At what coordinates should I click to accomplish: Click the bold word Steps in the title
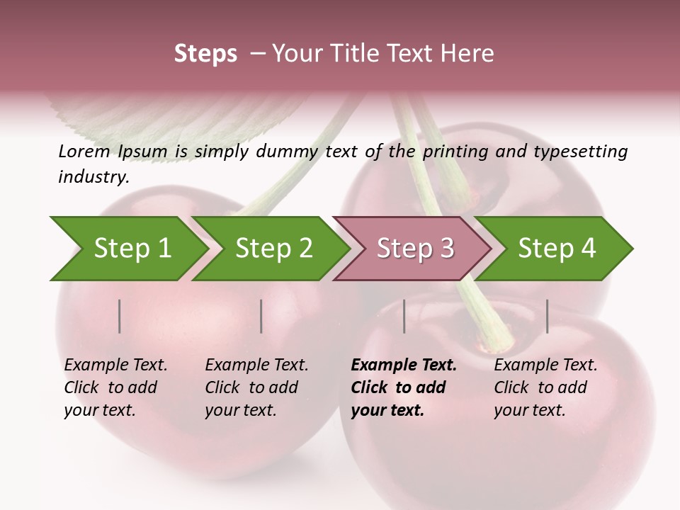(x=205, y=54)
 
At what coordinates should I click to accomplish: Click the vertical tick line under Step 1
(x=120, y=316)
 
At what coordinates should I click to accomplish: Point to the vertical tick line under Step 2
(x=261, y=316)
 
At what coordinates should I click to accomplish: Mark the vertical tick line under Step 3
(x=404, y=316)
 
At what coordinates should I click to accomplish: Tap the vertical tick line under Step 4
(x=548, y=316)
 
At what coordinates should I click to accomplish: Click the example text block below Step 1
(x=115, y=387)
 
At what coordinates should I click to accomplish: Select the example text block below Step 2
(x=256, y=387)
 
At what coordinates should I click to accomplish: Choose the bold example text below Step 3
(x=404, y=387)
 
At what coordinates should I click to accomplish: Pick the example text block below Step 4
(x=545, y=387)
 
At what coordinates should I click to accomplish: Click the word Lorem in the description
(x=84, y=151)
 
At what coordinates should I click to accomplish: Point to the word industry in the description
(x=93, y=177)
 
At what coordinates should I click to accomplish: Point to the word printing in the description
(x=457, y=152)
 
